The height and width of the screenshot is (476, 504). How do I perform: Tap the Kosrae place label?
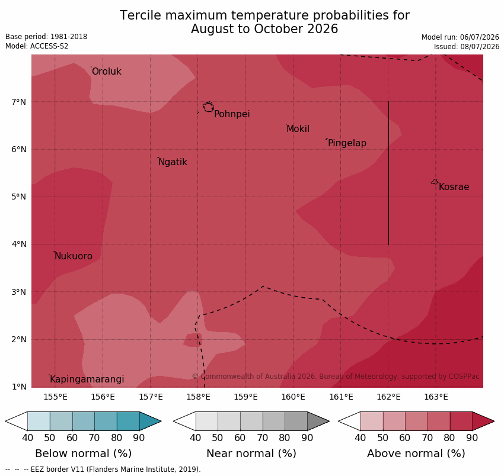tap(454, 187)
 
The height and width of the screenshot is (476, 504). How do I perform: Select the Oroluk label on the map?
tap(107, 71)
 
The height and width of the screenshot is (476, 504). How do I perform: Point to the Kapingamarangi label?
tap(87, 379)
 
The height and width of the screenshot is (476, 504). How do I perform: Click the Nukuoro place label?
tap(74, 256)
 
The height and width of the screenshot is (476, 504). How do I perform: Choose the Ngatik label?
tap(173, 162)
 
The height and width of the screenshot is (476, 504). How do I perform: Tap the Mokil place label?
tap(298, 129)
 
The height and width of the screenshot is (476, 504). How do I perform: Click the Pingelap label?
tap(347, 143)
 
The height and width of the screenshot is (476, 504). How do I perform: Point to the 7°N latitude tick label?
tap(18, 102)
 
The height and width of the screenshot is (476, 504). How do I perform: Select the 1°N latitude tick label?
tap(18, 387)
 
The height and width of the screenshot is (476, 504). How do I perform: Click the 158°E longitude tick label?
tap(198, 397)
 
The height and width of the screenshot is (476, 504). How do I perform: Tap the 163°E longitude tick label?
tap(436, 397)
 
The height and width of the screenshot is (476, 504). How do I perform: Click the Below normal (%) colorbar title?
tap(84, 454)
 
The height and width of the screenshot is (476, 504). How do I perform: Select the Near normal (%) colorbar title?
tap(251, 454)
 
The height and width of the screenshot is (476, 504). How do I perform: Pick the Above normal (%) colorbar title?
tap(416, 454)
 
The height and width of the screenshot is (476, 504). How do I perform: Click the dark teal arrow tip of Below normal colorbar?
tap(161, 421)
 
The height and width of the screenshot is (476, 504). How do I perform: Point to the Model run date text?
tap(460, 37)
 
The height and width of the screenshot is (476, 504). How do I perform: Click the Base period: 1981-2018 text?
tap(46, 37)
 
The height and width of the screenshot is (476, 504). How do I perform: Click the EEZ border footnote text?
tap(103, 469)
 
